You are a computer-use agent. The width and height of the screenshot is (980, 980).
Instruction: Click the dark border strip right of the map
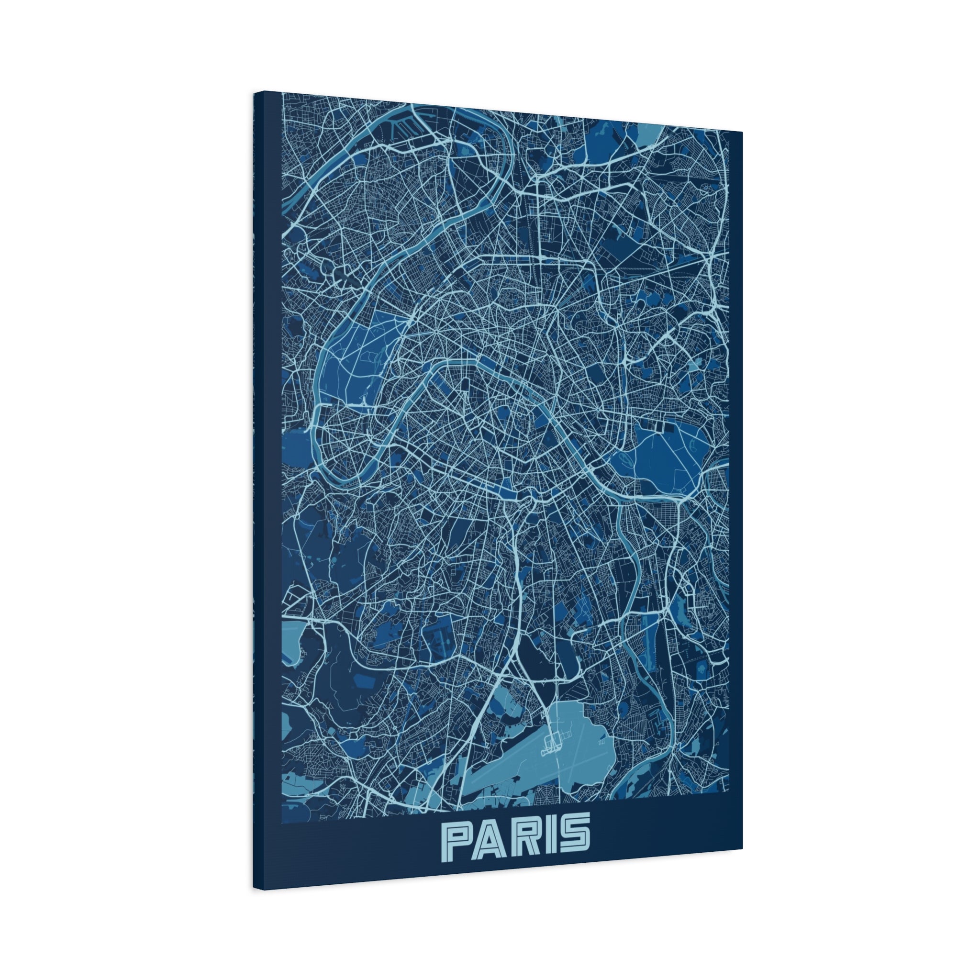click(735, 457)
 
